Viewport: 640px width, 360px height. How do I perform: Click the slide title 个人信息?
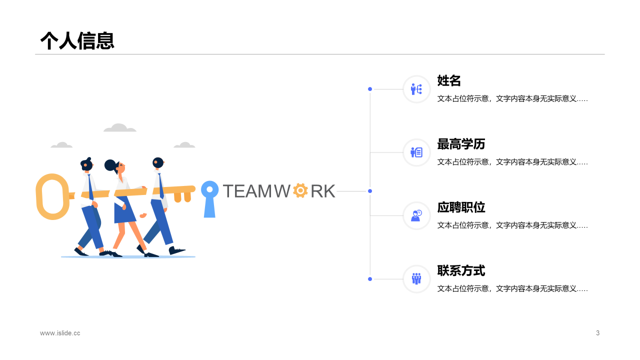click(x=77, y=40)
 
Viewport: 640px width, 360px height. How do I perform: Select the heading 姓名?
click(x=448, y=80)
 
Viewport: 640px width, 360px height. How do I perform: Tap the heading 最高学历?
click(x=461, y=144)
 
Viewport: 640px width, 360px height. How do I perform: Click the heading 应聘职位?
click(x=461, y=207)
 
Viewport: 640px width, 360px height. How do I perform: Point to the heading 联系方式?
click(x=461, y=270)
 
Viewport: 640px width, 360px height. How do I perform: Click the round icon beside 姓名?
click(x=416, y=89)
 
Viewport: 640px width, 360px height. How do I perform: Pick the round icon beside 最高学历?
click(x=416, y=152)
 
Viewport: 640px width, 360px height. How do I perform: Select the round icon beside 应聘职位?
click(x=416, y=215)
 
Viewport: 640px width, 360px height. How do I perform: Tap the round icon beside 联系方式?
click(x=416, y=279)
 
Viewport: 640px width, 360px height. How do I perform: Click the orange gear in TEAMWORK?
click(x=300, y=190)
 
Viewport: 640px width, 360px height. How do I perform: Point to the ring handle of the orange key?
click(x=51, y=196)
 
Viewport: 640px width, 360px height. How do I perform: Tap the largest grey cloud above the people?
click(x=119, y=128)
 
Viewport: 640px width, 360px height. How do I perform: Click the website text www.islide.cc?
click(x=60, y=333)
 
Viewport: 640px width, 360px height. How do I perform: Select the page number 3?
click(x=597, y=333)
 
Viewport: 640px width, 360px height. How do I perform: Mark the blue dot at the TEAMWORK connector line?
click(x=370, y=191)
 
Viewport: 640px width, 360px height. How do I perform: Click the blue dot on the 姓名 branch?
click(x=370, y=89)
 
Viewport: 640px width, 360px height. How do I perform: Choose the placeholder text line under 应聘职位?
click(x=512, y=225)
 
